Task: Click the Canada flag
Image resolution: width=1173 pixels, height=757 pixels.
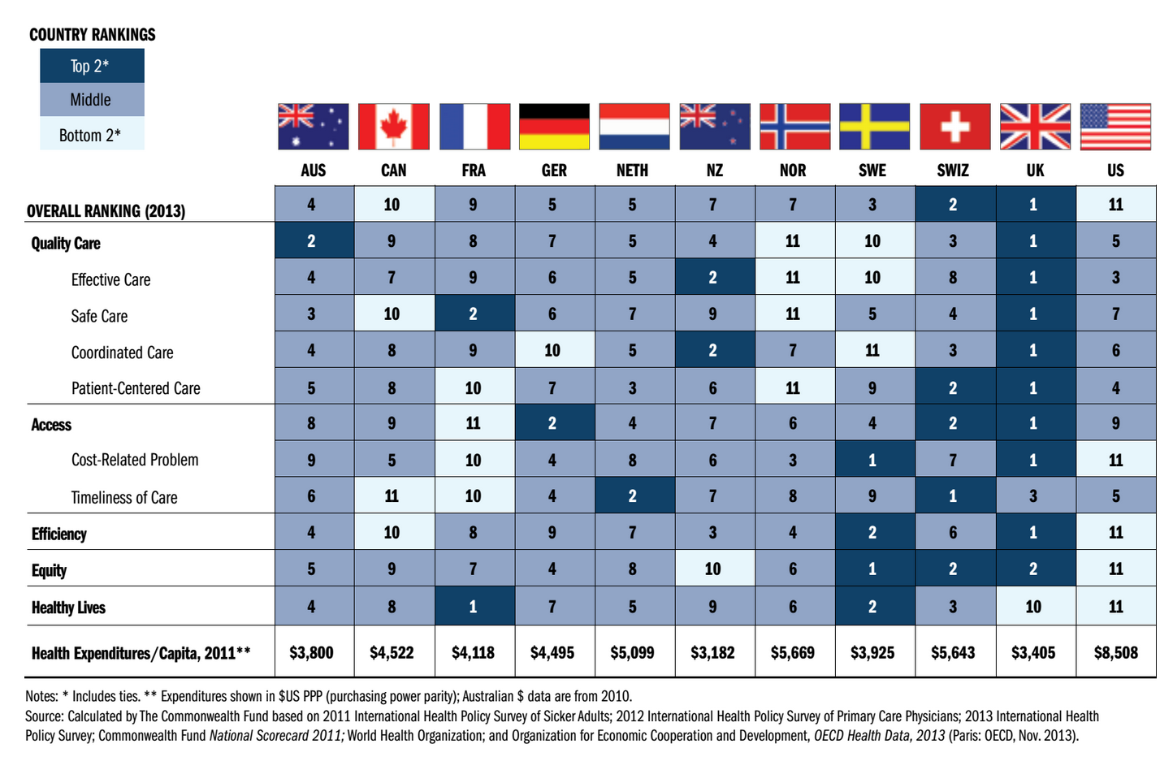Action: pos(394,127)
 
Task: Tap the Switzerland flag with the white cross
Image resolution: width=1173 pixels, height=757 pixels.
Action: pos(954,127)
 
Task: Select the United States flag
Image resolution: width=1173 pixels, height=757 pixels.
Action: pos(1115,127)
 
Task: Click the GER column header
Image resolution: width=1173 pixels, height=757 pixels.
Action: pos(554,171)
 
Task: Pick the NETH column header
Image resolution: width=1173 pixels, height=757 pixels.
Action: pos(632,171)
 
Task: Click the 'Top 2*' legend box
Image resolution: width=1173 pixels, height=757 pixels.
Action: pos(92,66)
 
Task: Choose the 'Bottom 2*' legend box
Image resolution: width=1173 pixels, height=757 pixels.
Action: pos(92,135)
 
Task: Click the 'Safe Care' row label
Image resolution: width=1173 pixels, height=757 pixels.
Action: pos(99,316)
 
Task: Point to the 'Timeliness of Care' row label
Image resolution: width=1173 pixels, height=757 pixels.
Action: pos(124,497)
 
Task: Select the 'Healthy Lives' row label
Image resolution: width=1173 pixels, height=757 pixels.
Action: pos(68,608)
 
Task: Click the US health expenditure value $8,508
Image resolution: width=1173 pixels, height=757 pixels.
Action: pos(1115,652)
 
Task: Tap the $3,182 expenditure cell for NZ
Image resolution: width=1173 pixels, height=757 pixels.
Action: pos(712,652)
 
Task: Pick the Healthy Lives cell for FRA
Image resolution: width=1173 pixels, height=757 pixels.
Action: pos(474,607)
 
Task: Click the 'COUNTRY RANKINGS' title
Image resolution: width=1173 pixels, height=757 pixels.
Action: pos(92,35)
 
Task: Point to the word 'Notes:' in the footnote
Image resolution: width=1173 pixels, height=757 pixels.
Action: pos(41,696)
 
